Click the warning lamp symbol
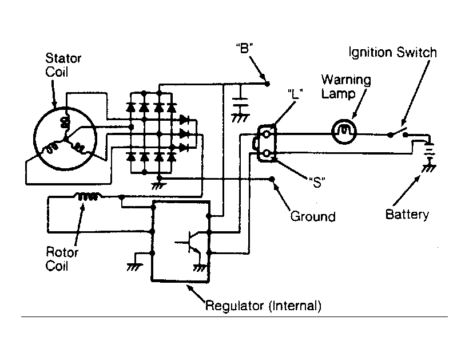(344, 132)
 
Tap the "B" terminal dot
(268, 84)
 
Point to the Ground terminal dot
(272, 179)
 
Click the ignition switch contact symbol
(398, 133)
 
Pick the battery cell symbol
(430, 150)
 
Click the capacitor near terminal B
(240, 102)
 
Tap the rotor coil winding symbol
(88, 196)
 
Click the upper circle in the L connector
(266, 134)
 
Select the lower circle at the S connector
(266, 154)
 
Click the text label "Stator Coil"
(63, 65)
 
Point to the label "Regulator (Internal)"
(263, 306)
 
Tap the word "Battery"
(407, 215)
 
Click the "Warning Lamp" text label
(346, 86)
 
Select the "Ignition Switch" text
(393, 53)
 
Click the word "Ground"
(313, 216)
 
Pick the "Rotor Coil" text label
(62, 259)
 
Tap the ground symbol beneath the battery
(429, 168)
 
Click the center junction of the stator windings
(65, 139)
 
